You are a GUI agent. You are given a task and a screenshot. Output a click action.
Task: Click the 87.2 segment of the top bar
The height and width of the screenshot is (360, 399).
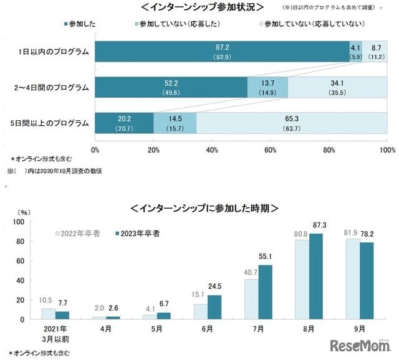pyautogui.click(x=222, y=52)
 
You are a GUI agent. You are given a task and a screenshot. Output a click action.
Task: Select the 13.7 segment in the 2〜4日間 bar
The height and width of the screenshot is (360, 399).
pyautogui.click(x=267, y=87)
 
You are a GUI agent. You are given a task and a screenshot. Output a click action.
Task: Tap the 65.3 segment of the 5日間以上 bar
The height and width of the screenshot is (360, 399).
pyautogui.click(x=291, y=122)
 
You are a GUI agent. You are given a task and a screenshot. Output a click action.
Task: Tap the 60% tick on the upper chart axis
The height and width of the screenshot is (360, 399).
pyautogui.click(x=271, y=150)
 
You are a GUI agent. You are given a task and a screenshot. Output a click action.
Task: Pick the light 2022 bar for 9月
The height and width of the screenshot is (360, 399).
pyautogui.click(x=351, y=279)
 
